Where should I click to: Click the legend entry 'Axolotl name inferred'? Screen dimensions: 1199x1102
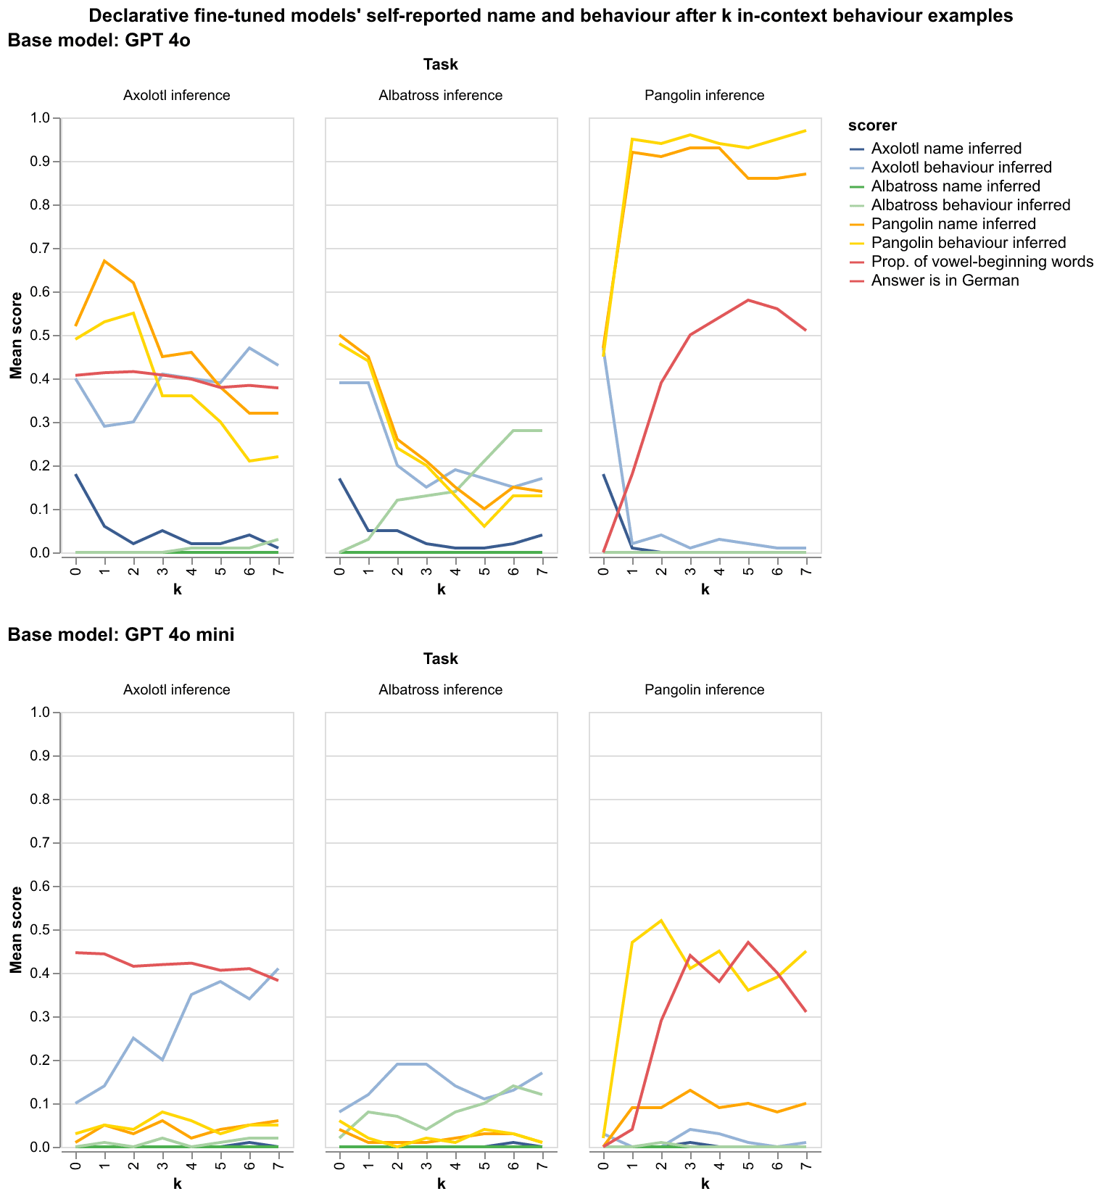(946, 149)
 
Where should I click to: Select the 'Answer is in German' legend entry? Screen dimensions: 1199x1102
(945, 281)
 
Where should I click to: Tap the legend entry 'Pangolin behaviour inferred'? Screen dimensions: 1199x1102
(969, 243)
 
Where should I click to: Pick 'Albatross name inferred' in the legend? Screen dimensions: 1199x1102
(956, 186)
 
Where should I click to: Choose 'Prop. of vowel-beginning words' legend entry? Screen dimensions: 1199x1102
(982, 262)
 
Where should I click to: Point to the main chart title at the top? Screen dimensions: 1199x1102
(550, 16)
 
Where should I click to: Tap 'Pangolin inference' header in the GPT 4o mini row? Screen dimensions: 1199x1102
(704, 689)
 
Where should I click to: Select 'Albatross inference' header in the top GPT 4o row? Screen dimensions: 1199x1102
(440, 95)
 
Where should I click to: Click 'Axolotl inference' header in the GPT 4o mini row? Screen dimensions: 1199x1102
(177, 689)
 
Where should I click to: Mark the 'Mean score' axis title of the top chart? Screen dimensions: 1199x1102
(15, 336)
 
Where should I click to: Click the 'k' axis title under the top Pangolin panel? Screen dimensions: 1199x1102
(705, 590)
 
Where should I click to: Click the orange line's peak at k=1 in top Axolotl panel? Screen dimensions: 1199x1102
(104, 261)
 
